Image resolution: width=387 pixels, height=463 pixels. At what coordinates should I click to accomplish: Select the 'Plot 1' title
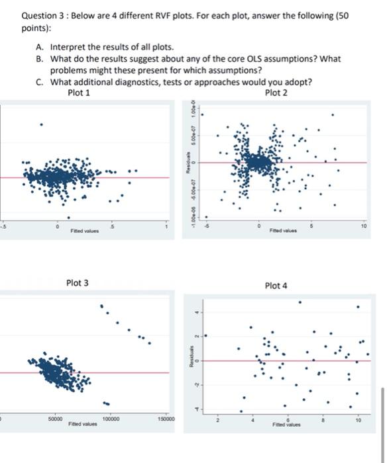coord(79,92)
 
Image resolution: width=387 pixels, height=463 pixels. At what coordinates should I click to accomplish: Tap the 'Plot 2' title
coord(276,92)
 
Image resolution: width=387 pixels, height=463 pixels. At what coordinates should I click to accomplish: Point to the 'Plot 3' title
coord(77,283)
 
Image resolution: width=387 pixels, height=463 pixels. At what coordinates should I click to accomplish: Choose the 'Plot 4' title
coord(276,286)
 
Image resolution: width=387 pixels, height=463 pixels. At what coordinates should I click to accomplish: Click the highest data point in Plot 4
coord(299,302)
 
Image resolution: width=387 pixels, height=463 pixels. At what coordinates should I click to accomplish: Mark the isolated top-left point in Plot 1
coord(41,124)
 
